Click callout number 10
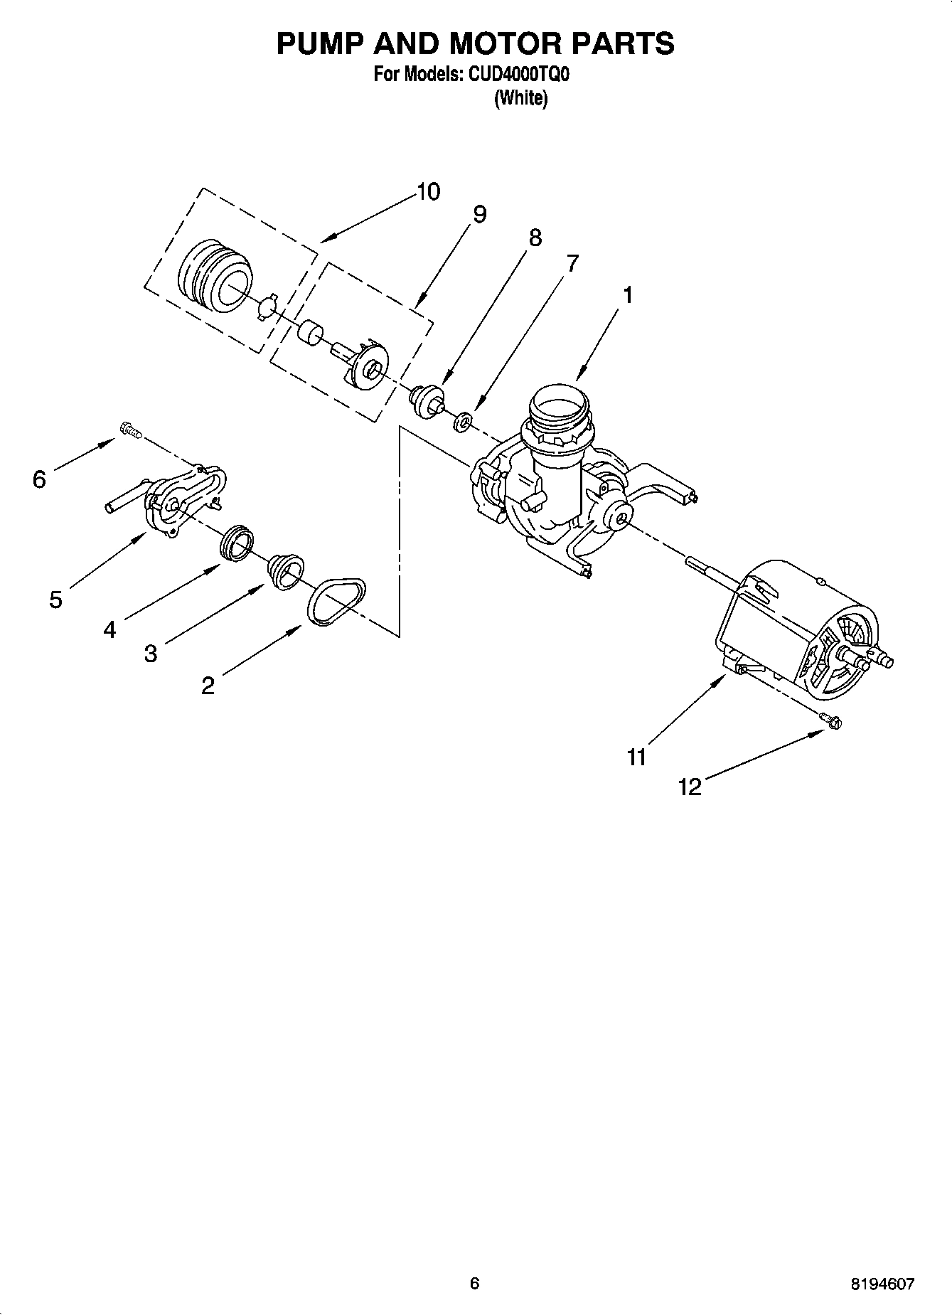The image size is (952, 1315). [x=428, y=192]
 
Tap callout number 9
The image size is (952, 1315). [x=480, y=214]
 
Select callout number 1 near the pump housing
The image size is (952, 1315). [x=627, y=294]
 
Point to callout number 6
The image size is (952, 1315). [x=39, y=479]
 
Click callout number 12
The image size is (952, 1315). [x=690, y=787]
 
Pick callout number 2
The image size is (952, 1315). [x=208, y=686]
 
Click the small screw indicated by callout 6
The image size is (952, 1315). [x=131, y=429]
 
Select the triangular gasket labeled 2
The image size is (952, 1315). [x=338, y=602]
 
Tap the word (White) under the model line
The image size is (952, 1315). [x=520, y=97]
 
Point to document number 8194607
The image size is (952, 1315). [x=881, y=1283]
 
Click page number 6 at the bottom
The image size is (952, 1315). [x=475, y=1283]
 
